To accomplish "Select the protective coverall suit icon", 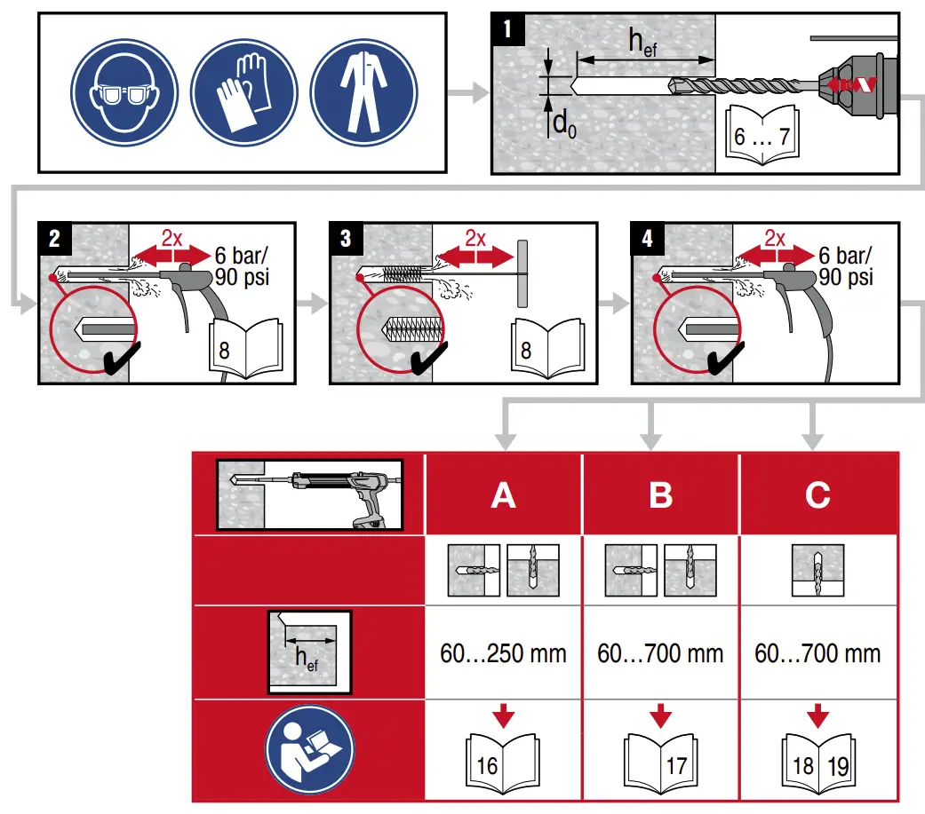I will coord(359,96).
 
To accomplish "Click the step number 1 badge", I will coord(507,29).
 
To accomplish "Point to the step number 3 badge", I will coord(346,238).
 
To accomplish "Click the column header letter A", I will coord(503,495).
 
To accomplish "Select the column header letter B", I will coord(660,495).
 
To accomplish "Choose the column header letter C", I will coord(817,495).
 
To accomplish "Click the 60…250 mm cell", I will coord(503,654).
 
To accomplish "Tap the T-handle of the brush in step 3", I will coord(522,273).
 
